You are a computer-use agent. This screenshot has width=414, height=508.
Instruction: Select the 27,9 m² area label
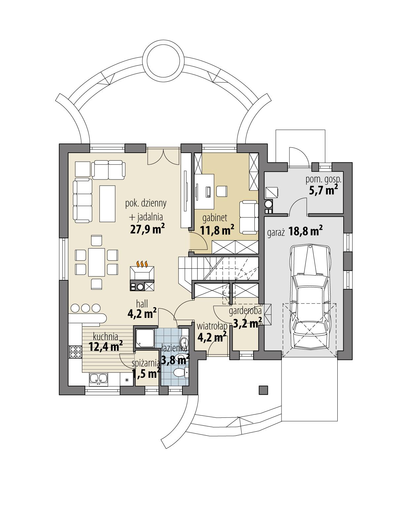coord(147,229)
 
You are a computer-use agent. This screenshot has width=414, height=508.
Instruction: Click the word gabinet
coord(215,217)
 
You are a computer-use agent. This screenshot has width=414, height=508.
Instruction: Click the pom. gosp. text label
coord(323,179)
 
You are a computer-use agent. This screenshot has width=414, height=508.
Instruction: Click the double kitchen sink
coord(98,379)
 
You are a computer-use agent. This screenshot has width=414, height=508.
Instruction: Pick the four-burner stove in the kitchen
coord(75,352)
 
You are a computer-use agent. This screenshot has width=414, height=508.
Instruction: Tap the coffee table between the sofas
coord(107,203)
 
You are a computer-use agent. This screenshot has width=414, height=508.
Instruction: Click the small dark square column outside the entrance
coord(263,390)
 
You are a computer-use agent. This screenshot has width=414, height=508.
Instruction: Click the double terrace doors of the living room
coord(164,156)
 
